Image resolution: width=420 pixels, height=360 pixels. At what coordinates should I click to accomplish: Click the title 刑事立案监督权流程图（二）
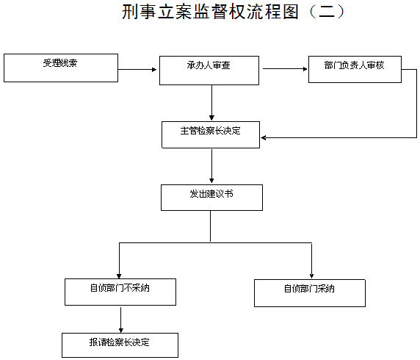tap(233, 12)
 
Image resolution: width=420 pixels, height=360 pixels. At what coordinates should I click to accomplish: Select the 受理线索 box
tap(61, 68)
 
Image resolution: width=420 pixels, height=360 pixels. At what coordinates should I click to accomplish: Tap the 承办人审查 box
tap(209, 71)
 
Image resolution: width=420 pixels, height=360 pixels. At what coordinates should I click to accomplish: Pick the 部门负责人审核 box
tap(355, 69)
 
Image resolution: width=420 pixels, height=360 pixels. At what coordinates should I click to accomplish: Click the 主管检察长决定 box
tap(211, 134)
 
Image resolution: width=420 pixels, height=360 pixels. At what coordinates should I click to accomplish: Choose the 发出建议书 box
tap(211, 198)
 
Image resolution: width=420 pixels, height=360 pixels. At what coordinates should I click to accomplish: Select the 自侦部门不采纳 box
tap(120, 292)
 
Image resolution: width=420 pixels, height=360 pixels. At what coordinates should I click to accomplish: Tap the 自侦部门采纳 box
tap(310, 293)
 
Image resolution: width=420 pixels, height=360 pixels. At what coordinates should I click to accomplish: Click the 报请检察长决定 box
tap(120, 345)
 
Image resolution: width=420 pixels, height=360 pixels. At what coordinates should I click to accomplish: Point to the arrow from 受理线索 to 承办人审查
tap(137, 70)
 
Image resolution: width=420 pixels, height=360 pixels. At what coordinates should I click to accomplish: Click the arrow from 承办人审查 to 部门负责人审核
tap(285, 69)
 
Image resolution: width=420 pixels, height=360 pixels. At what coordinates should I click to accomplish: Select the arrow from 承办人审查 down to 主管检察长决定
tap(211, 103)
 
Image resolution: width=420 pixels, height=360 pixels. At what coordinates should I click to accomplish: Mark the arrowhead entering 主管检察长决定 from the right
tap(264, 138)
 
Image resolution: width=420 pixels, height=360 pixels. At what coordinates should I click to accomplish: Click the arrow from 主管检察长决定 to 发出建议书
tap(211, 166)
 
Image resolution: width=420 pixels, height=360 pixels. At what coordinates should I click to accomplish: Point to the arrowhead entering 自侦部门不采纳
tap(119, 276)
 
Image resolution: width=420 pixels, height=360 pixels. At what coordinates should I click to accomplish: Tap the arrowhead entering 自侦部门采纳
tap(311, 276)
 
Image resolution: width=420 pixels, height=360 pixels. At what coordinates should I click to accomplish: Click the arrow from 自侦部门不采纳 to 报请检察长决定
tap(121, 320)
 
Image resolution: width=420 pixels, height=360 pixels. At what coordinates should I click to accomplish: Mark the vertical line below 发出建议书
tap(210, 226)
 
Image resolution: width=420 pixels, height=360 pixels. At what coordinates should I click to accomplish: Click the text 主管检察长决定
tap(210, 131)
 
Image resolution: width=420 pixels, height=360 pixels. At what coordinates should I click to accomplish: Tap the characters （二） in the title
tap(326, 12)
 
